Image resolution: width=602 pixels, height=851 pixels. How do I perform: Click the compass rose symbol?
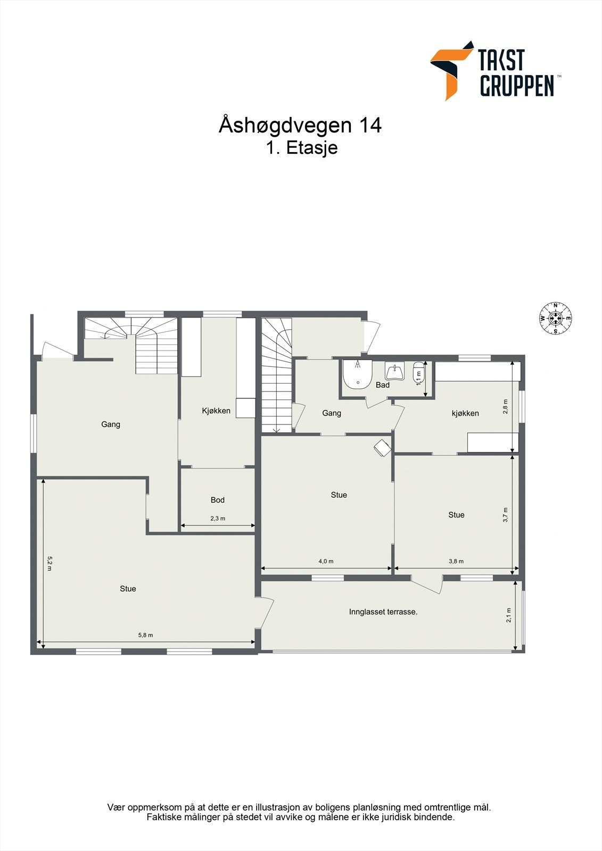(555, 318)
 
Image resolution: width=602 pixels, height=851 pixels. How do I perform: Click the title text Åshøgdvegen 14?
(300, 126)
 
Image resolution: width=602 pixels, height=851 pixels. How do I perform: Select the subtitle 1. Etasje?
(302, 148)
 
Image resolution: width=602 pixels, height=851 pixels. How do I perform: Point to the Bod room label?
(217, 500)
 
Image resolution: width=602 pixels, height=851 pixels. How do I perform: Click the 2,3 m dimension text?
(217, 518)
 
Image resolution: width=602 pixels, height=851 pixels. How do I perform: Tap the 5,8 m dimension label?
(145, 635)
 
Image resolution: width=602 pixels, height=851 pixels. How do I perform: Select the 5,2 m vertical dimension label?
(50, 564)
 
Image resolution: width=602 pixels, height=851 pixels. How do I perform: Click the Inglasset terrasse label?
(383, 612)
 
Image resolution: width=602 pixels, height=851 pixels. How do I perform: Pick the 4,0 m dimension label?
(326, 561)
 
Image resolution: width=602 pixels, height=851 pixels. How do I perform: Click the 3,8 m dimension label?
(456, 561)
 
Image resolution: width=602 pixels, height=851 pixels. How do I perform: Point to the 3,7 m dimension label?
(506, 515)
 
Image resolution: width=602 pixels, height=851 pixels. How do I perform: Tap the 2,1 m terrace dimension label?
(508, 615)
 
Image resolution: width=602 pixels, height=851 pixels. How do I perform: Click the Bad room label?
(382, 385)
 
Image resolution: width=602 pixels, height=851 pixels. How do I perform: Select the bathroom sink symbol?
(394, 371)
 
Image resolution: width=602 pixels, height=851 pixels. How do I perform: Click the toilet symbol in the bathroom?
(418, 371)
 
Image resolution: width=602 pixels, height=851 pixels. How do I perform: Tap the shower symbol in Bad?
(357, 372)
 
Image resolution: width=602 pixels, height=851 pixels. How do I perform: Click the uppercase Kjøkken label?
(216, 411)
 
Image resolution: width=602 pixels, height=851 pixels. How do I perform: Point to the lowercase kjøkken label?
(465, 413)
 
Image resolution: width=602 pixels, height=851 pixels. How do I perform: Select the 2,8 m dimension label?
(506, 406)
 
